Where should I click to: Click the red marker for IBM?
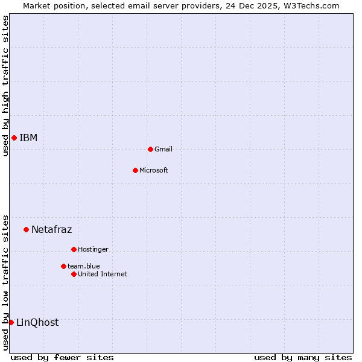pyautogui.click(x=14, y=138)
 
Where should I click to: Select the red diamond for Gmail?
pyautogui.click(x=150, y=149)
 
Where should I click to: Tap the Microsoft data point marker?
pyautogui.click(x=135, y=170)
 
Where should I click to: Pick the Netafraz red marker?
pyautogui.click(x=26, y=229)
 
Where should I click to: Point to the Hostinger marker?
pyautogui.click(x=74, y=249)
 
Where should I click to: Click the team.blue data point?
pyautogui.click(x=63, y=266)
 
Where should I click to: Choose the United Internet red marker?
pyautogui.click(x=74, y=274)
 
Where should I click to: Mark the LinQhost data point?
pyautogui.click(x=11, y=322)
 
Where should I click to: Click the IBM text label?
pyautogui.click(x=28, y=138)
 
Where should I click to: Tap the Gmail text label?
pyautogui.click(x=164, y=149)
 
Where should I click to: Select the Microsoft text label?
pyautogui.click(x=154, y=170)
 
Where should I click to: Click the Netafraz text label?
pyautogui.click(x=51, y=229)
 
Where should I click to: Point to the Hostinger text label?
pyautogui.click(x=93, y=249)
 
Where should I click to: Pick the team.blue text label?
pyautogui.click(x=84, y=266)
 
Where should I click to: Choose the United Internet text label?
pyautogui.click(x=103, y=274)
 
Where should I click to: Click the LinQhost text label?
pyautogui.click(x=37, y=322)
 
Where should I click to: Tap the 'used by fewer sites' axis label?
pyautogui.click(x=62, y=357)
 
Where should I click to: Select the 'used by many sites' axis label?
pyautogui.click(x=303, y=357)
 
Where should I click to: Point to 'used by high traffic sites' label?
pyautogui.click(x=5, y=86)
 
